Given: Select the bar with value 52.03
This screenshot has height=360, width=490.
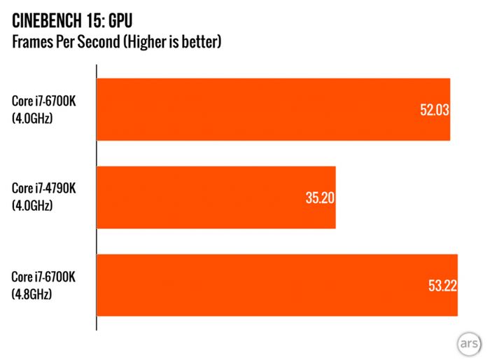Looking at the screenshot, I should coord(273,109).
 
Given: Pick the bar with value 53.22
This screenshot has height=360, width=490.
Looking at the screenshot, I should coord(276,285).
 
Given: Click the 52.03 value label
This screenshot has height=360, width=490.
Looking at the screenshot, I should coord(434,110).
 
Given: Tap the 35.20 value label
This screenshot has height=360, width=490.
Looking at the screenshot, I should coord(320,198).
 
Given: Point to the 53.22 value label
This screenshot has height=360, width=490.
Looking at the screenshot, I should coord(442,286).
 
